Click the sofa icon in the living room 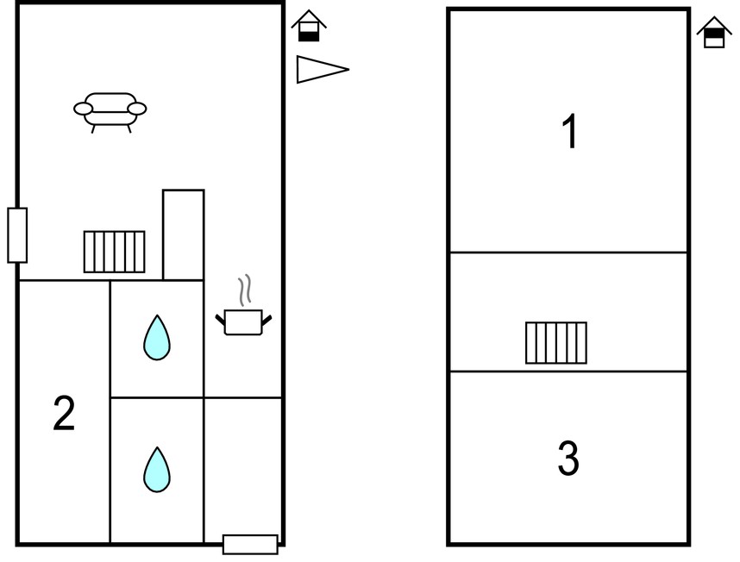(x=110, y=112)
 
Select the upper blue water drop (x=157, y=338)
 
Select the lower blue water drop (x=157, y=470)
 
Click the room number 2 (x=64, y=414)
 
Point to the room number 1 (x=570, y=131)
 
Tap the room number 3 (x=568, y=458)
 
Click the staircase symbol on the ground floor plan (x=114, y=252)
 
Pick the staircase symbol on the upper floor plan (x=556, y=343)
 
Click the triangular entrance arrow (x=323, y=69)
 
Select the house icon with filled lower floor (x=309, y=26)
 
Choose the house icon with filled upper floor (x=714, y=32)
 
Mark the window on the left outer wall (x=17, y=234)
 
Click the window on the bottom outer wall (x=250, y=544)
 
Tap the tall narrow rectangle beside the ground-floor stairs (x=184, y=234)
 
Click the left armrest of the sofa (x=83, y=109)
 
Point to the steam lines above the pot (x=244, y=290)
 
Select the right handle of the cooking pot (x=267, y=321)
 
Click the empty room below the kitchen (x=243, y=470)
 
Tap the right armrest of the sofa (x=137, y=109)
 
